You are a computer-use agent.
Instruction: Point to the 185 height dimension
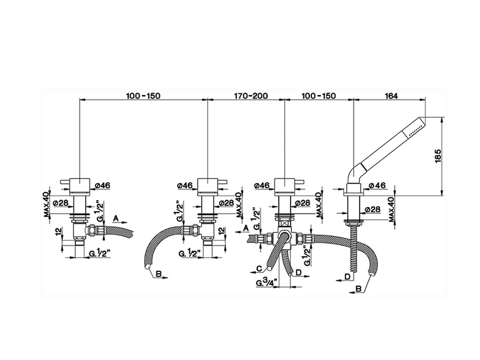(438, 156)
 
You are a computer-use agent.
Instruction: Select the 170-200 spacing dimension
(251, 96)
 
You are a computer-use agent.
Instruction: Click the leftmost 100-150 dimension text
(143, 96)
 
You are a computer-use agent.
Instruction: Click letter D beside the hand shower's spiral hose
(348, 277)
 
